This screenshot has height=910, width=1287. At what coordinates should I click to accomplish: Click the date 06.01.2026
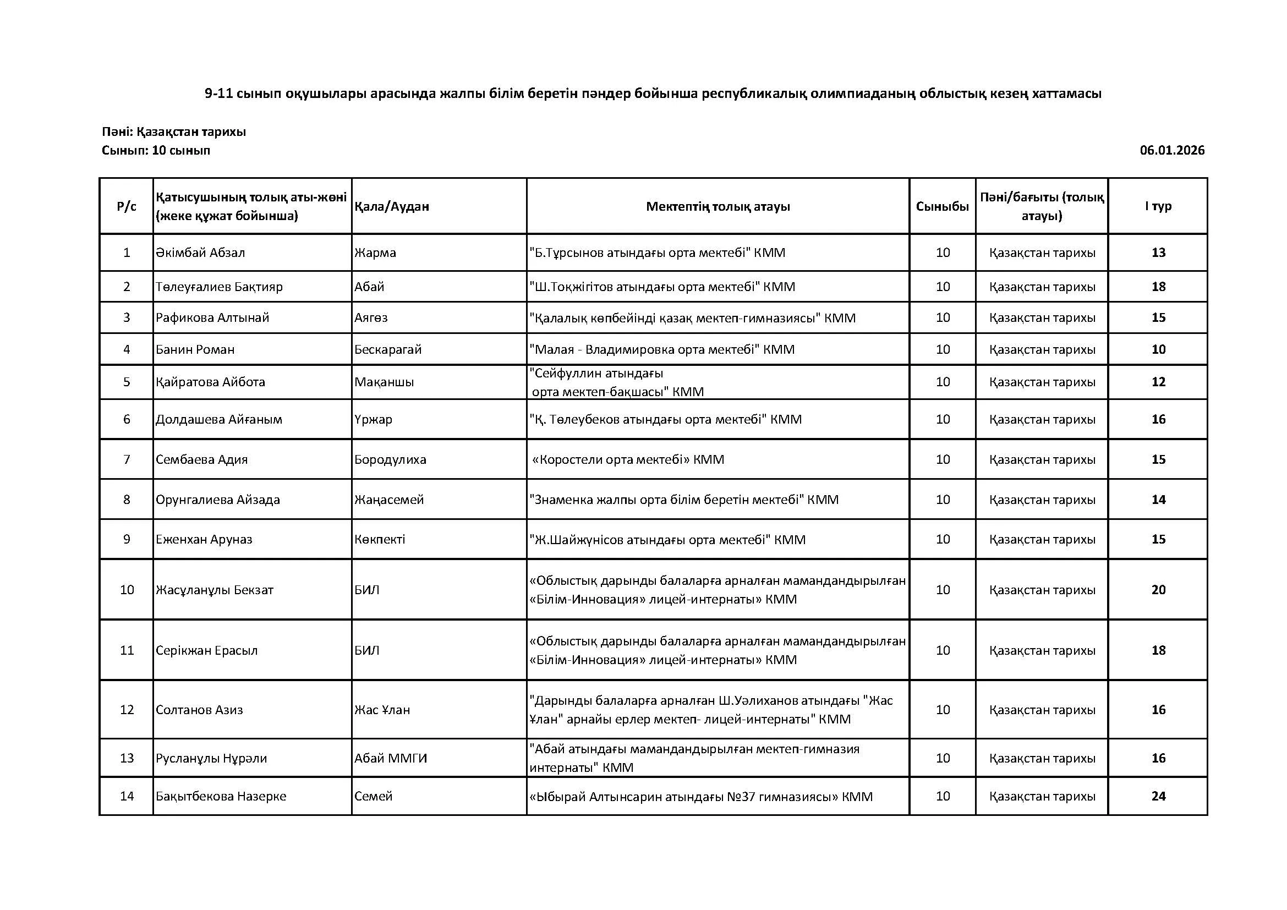(x=1171, y=150)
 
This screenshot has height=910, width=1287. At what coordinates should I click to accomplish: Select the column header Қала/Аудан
(x=391, y=206)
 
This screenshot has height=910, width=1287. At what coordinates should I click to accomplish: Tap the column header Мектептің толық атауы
(x=718, y=206)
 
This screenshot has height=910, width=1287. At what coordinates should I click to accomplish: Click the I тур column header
(x=1158, y=206)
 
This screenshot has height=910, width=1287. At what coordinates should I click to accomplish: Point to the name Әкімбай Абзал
(x=200, y=253)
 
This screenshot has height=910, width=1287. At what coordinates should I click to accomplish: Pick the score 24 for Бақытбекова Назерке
(x=1158, y=796)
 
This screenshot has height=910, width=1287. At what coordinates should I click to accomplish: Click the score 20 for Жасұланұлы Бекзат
(x=1158, y=589)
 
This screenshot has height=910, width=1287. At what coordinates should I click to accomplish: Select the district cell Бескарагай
(x=387, y=350)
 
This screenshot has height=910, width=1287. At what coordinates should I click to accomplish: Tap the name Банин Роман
(x=195, y=350)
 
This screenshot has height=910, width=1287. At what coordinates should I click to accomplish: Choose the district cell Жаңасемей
(x=388, y=500)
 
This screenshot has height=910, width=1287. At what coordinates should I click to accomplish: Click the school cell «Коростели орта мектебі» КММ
(x=628, y=459)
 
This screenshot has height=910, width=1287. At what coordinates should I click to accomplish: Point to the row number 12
(x=127, y=710)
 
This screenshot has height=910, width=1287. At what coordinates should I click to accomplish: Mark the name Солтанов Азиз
(x=199, y=710)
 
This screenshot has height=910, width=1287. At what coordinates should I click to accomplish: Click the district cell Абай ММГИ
(x=390, y=758)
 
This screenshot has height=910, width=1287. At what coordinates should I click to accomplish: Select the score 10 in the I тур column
(x=1158, y=350)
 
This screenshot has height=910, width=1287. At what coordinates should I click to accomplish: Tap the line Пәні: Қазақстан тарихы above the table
(x=174, y=132)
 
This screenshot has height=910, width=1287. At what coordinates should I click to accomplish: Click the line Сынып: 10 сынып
(x=156, y=151)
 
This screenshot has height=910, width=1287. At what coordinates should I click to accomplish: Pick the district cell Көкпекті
(x=380, y=540)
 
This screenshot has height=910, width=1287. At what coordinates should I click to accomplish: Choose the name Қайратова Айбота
(x=210, y=382)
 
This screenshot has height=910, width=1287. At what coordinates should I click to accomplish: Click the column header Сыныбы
(x=942, y=206)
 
